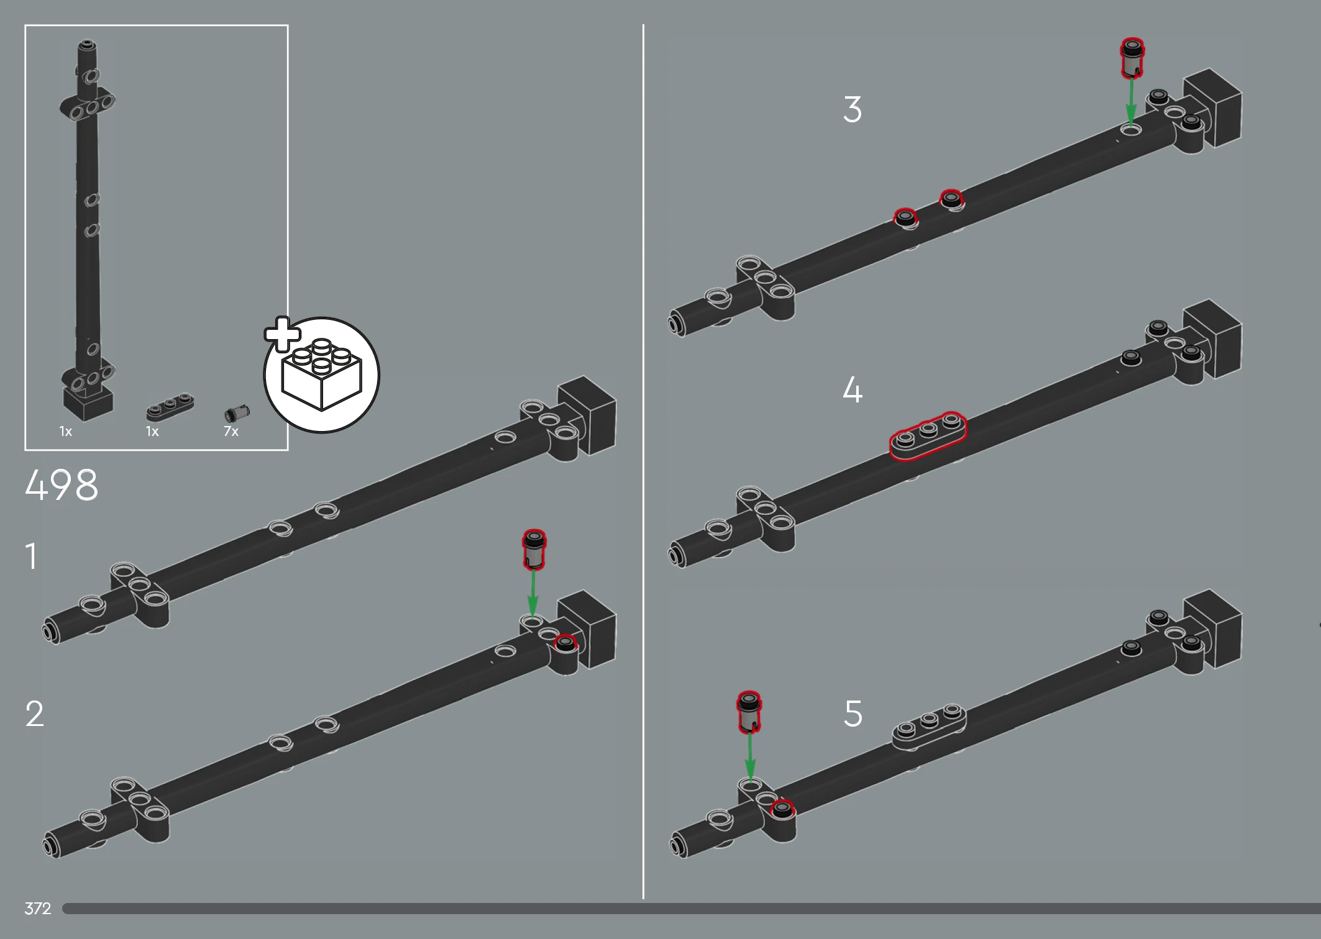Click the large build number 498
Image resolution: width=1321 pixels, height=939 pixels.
[62, 484]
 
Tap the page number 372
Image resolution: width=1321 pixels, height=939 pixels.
[38, 909]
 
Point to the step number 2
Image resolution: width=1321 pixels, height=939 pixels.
[35, 713]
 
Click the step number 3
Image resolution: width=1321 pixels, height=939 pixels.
[852, 109]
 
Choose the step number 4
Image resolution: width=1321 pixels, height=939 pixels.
[852, 389]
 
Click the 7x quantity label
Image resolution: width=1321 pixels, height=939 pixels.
[231, 431]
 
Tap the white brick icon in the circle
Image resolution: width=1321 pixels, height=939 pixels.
[321, 374]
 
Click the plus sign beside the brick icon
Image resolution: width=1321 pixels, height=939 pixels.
[283, 334]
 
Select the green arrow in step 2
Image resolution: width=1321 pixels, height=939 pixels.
[533, 594]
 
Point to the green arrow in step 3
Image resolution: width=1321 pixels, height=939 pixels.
[1131, 102]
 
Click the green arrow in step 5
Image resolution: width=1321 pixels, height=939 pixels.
[750, 757]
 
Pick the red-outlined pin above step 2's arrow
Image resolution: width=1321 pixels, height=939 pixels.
[534, 549]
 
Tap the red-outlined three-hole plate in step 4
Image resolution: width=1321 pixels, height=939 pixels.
[928, 436]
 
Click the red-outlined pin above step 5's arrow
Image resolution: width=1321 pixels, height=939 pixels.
[749, 712]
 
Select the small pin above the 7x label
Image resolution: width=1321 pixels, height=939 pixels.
[237, 414]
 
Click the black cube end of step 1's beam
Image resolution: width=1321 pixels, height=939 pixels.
[587, 415]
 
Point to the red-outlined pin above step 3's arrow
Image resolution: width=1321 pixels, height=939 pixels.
[1132, 58]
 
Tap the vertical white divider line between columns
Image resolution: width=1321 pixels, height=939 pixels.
[643, 461]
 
